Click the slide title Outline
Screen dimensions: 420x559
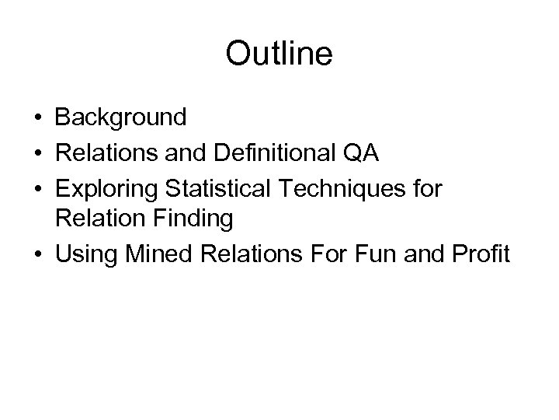(279, 54)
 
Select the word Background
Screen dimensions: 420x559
(120, 117)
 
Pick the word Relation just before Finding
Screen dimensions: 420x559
(101, 219)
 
